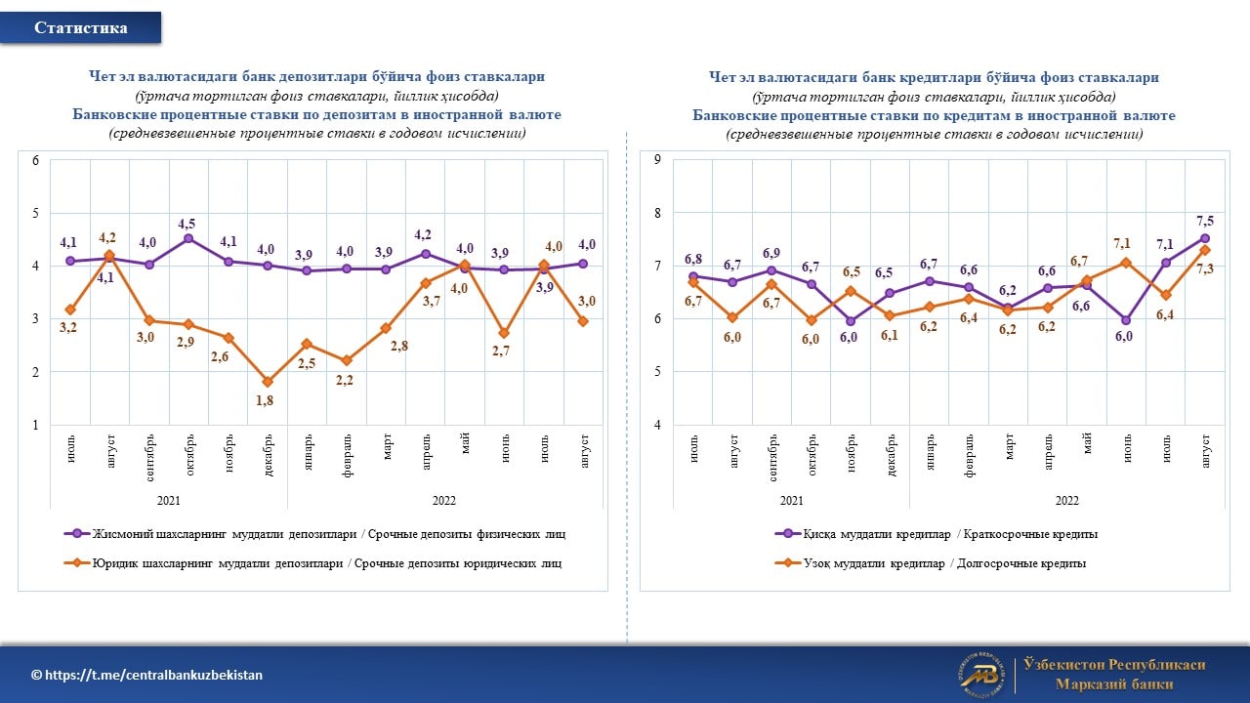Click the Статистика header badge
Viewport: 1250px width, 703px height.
[x=80, y=27]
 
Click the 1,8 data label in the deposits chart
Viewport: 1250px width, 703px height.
[x=265, y=400]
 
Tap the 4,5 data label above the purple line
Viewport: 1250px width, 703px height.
[x=187, y=224]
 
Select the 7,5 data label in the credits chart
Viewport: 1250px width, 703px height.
[x=1205, y=221]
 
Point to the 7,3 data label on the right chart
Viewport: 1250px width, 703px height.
[x=1205, y=269]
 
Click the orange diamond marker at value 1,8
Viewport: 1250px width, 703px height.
[x=268, y=382]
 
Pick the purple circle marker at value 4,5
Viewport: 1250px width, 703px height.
[x=188, y=239]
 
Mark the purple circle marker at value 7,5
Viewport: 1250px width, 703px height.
[x=1205, y=239]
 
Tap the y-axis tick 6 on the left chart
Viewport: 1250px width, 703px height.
[x=36, y=161]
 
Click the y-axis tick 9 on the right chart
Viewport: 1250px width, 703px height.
[x=657, y=159]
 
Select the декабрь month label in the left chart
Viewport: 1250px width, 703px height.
[x=268, y=455]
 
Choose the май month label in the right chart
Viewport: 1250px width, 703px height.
[x=1087, y=443]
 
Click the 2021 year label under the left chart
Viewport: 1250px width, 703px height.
[x=169, y=501]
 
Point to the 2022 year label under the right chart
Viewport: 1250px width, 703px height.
[x=1066, y=501]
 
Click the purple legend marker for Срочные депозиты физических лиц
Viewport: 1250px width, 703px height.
[x=77, y=534]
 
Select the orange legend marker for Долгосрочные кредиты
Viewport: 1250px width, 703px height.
[x=788, y=563]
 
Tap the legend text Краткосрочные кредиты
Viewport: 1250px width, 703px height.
[x=1030, y=534]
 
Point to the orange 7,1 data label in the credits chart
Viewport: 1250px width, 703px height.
[x=1122, y=243]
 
